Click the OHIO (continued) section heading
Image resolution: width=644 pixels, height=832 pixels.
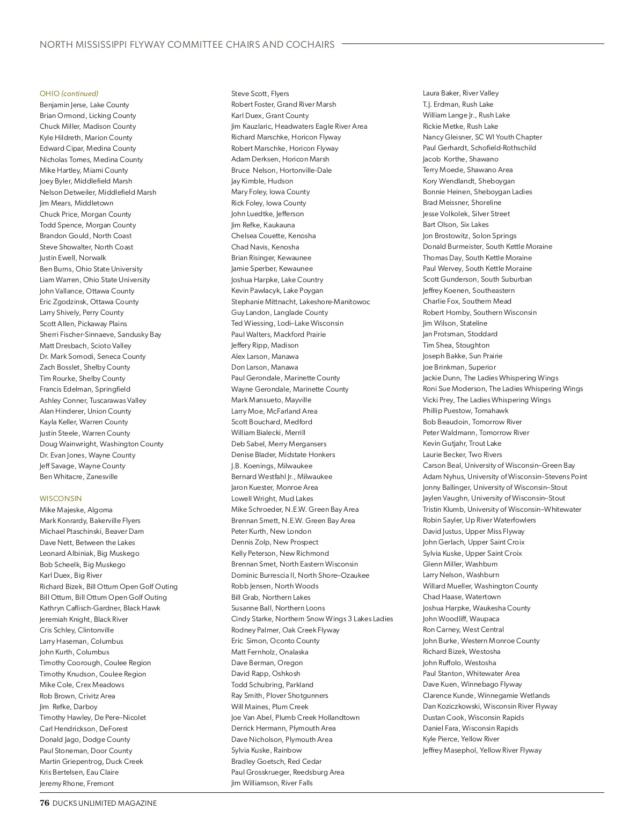69,93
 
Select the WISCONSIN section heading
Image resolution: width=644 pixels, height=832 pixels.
61,498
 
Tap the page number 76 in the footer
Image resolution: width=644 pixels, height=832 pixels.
45,803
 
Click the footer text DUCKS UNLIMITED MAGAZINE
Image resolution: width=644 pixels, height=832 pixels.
105,803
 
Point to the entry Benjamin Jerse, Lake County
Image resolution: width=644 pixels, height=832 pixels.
84,105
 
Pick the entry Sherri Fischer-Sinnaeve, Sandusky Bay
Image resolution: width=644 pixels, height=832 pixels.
100,334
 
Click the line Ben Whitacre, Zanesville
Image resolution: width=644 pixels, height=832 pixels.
78,476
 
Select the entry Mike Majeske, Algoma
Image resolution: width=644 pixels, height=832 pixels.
76,510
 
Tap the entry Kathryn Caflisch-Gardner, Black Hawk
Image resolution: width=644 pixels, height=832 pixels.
100,608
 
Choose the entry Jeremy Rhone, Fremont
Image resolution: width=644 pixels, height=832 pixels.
77,783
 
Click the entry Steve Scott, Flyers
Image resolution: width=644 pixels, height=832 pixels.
260,93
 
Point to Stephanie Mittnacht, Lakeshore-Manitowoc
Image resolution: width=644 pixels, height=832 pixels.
301,301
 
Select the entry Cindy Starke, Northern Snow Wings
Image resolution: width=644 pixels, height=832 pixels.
312,619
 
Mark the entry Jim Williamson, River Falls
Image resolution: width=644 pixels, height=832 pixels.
272,783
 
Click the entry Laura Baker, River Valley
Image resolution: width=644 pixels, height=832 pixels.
460,93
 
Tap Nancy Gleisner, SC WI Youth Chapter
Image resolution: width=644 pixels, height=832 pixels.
482,137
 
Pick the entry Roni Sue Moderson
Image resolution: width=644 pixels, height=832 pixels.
503,388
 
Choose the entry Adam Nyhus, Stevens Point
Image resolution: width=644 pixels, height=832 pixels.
505,476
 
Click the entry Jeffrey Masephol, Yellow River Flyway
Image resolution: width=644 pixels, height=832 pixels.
482,750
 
